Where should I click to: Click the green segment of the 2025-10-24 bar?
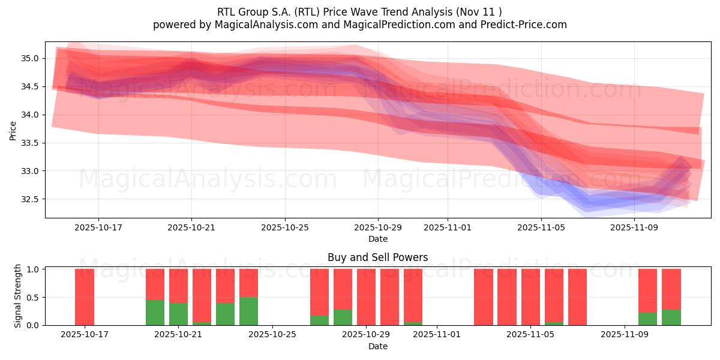(248, 311)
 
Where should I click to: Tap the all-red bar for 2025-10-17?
(85, 297)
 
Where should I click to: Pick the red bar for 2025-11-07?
(577, 297)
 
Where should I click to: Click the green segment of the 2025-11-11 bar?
(671, 317)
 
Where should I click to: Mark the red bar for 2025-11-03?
(483, 297)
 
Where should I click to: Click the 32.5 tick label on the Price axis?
(30, 199)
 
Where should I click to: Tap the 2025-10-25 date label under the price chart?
(285, 227)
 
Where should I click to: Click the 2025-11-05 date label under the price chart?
(541, 227)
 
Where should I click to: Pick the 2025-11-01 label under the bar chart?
(437, 335)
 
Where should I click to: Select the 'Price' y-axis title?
(13, 130)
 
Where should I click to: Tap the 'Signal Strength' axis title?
(18, 296)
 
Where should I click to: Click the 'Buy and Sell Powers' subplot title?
(377, 257)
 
